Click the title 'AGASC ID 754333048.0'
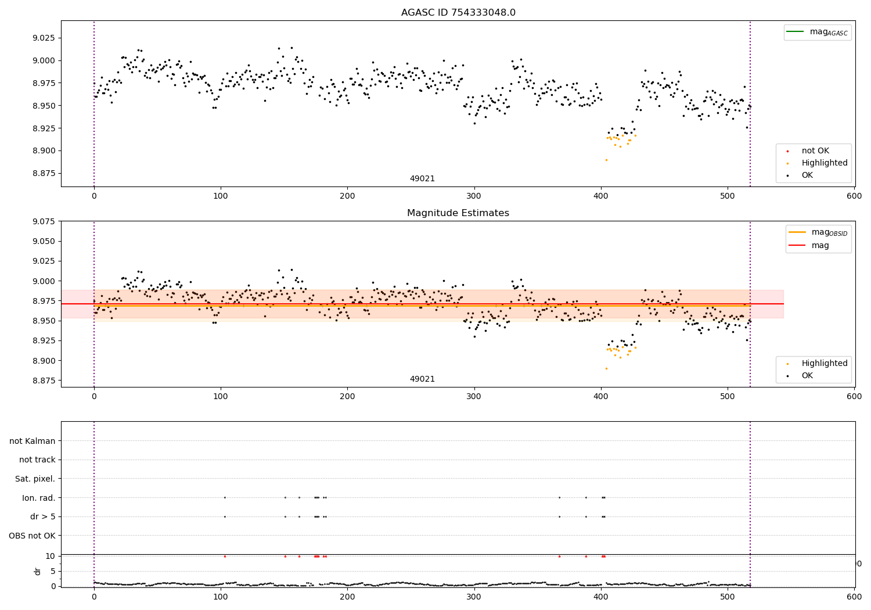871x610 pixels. click(x=458, y=13)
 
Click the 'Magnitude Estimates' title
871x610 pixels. click(x=458, y=213)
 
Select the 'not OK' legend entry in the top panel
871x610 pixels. click(x=815, y=151)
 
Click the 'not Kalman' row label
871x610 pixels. click(x=33, y=441)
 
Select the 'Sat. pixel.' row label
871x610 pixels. click(x=35, y=479)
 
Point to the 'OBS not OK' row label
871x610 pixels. click(x=33, y=536)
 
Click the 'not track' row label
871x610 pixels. click(x=37, y=460)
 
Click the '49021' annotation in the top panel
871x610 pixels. click(x=422, y=179)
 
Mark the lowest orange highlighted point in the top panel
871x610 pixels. click(x=606, y=160)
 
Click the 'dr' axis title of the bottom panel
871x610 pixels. click(x=38, y=571)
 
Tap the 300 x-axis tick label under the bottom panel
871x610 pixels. click(x=474, y=597)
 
